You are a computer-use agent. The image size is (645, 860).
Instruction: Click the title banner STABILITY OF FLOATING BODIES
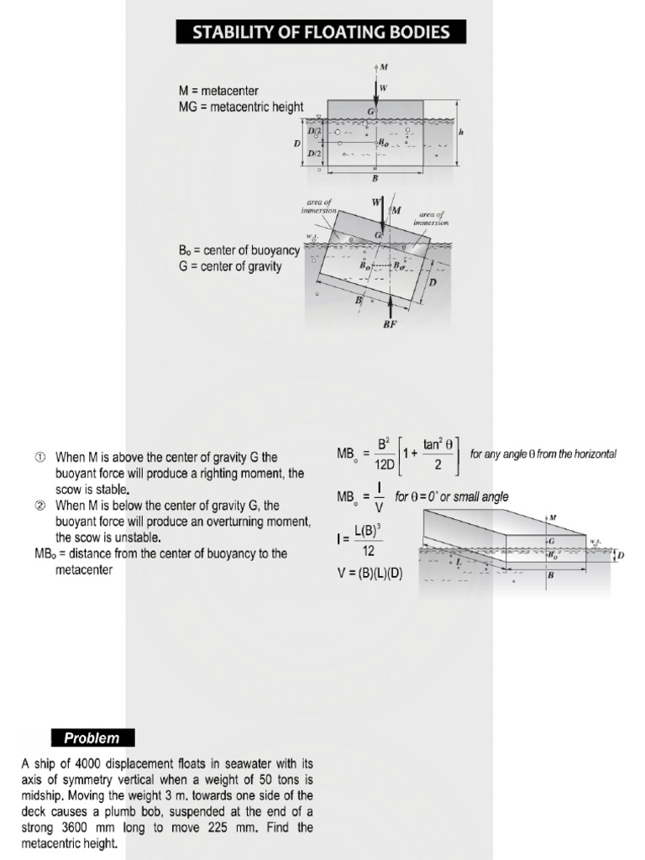pos(321,33)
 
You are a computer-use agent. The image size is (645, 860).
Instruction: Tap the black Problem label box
pos(92,738)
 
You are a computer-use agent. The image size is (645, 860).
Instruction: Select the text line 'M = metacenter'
pos(218,91)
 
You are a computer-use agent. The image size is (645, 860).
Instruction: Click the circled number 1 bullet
pos(39,458)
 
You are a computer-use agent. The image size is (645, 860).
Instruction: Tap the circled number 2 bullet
pos(39,506)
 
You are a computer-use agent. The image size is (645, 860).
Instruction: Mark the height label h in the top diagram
pos(461,132)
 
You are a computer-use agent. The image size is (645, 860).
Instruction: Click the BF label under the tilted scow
pos(389,326)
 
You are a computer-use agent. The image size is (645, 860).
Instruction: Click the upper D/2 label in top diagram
pos(314,132)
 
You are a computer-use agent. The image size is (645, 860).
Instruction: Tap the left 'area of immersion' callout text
pos(320,206)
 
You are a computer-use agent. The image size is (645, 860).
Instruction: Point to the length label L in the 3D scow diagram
pos(459,561)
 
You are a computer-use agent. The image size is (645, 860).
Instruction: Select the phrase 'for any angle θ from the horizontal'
pos(543,454)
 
